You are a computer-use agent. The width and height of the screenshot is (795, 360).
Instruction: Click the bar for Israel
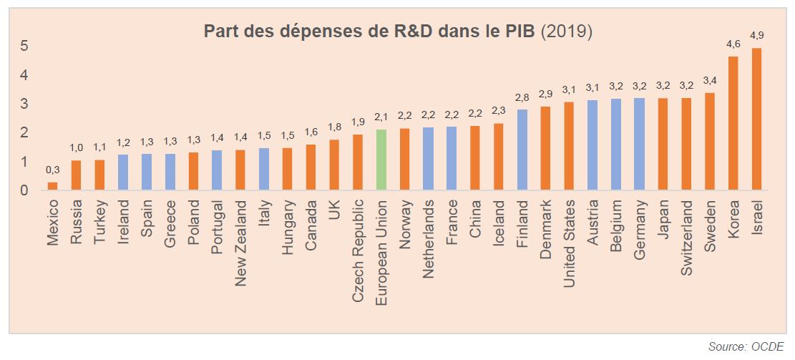pyautogui.click(x=756, y=119)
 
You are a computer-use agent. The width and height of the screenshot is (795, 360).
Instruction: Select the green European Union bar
pyautogui.click(x=381, y=160)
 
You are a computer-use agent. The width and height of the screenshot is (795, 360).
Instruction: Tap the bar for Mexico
pyautogui.click(x=52, y=186)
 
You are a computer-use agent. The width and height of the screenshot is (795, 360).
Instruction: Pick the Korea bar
pyautogui.click(x=733, y=123)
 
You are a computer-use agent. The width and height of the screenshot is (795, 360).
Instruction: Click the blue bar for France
pyautogui.click(x=452, y=158)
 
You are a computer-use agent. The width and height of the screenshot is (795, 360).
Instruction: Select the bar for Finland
pyautogui.click(x=522, y=150)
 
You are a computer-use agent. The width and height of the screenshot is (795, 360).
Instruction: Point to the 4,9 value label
pyautogui.click(x=756, y=35)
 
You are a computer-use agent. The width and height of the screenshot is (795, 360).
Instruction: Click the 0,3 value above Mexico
pyautogui.click(x=52, y=170)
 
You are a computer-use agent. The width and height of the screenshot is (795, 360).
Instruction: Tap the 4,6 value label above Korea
pyautogui.click(x=733, y=44)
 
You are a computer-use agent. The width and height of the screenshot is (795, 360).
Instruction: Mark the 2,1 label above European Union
pyautogui.click(x=381, y=117)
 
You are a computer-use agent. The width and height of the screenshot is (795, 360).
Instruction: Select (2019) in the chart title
pyautogui.click(x=566, y=31)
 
